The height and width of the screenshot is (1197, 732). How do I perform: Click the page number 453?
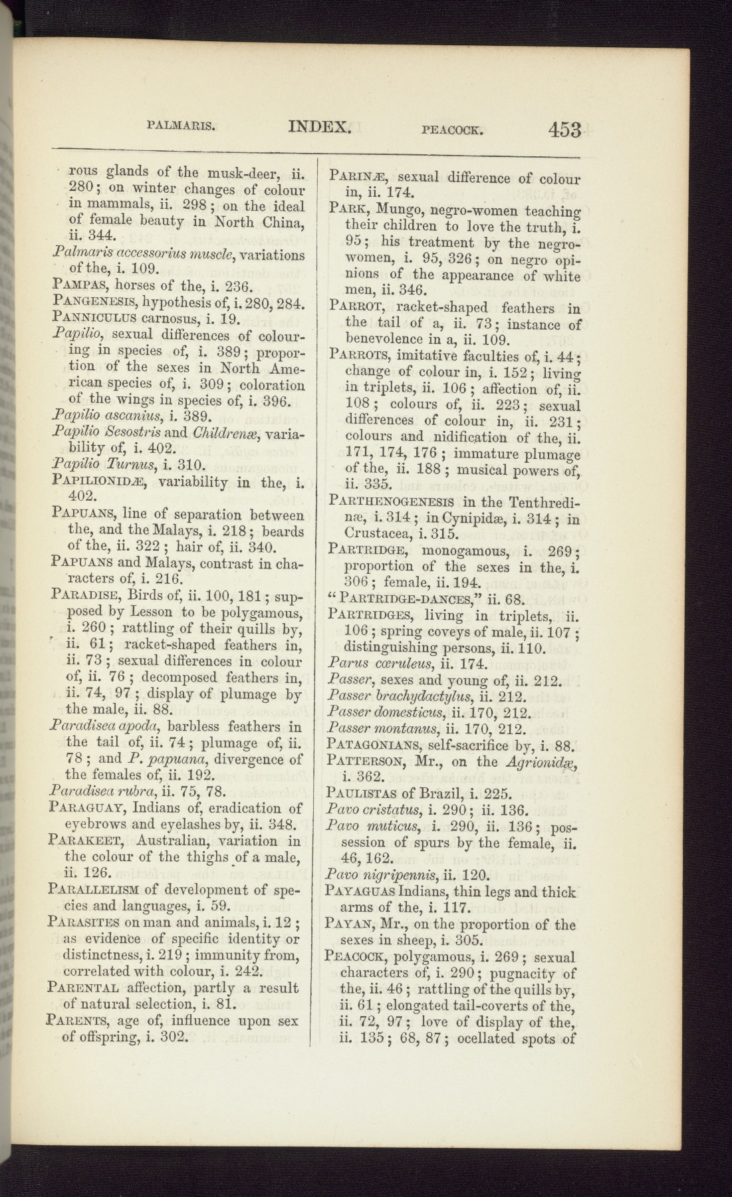(565, 130)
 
